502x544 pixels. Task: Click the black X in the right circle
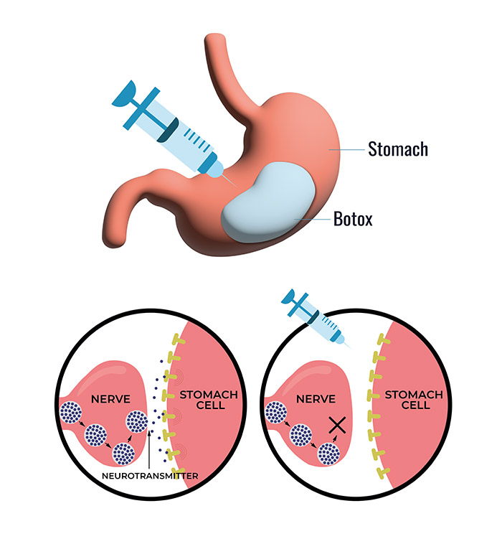point(334,426)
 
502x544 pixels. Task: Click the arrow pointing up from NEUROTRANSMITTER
point(148,452)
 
